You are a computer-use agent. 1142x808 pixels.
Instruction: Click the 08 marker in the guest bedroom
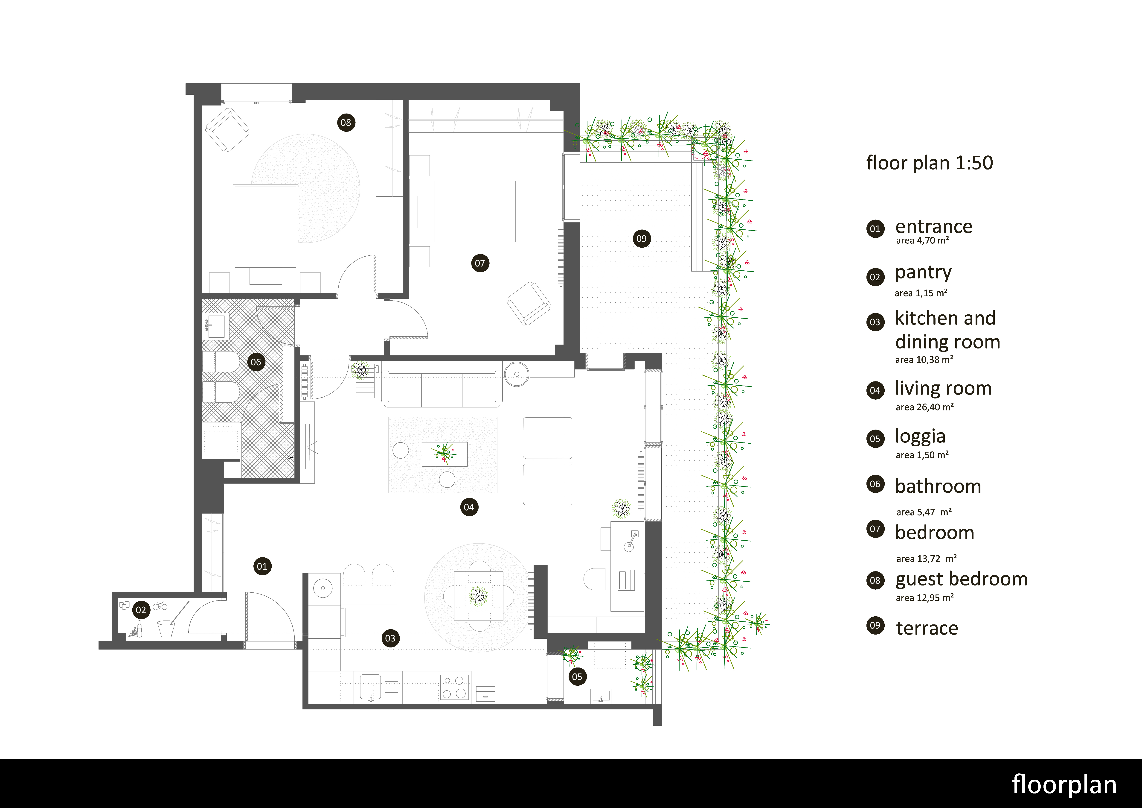[346, 122]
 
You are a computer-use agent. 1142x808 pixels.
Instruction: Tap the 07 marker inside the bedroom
[480, 263]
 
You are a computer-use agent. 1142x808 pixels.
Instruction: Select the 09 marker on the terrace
[642, 239]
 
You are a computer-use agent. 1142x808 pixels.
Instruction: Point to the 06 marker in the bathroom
[256, 362]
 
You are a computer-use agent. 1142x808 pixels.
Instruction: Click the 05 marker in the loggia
[577, 677]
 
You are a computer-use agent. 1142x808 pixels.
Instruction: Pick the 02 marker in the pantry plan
[141, 610]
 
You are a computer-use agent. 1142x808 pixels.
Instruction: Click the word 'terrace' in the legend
[927, 628]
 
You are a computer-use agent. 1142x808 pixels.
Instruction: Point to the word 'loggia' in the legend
[920, 436]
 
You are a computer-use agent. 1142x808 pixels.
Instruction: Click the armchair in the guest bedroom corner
[227, 129]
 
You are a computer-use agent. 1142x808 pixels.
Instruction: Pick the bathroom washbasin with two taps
[216, 326]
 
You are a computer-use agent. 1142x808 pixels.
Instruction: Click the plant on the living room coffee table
[444, 453]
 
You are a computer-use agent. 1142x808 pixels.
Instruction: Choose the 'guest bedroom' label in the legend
[962, 580]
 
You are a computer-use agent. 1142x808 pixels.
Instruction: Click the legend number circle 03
[875, 322]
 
